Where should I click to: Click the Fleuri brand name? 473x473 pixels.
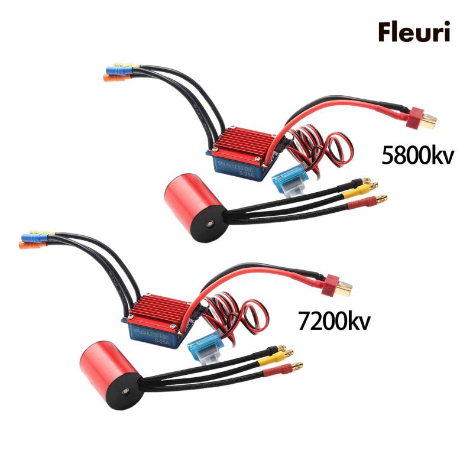coord(415,33)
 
